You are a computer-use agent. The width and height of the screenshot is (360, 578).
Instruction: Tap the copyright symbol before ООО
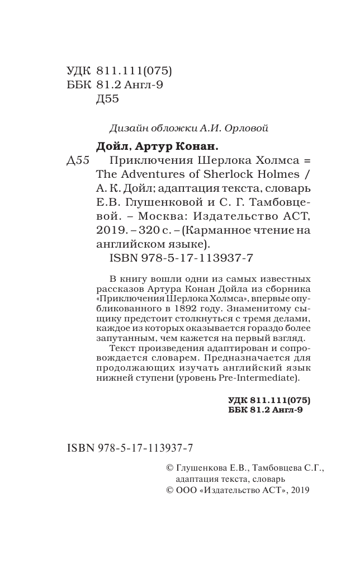pyautogui.click(x=163, y=490)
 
